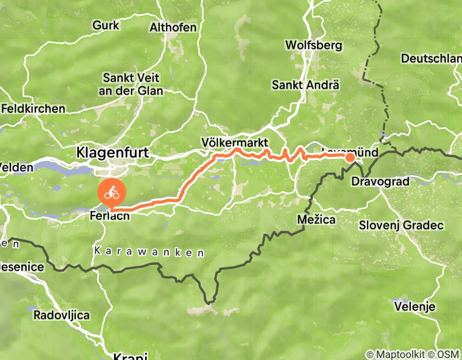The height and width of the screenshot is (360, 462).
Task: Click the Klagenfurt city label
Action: (x=113, y=152)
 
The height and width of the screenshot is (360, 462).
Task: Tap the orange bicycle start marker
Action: (x=112, y=194)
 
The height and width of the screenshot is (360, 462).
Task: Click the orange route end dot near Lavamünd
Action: (x=349, y=157)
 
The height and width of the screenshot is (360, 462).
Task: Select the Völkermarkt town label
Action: (x=235, y=141)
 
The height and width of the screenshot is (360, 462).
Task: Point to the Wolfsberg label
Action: (x=313, y=45)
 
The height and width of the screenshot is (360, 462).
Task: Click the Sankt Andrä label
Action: (x=306, y=84)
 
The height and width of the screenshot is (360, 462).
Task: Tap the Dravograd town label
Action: (x=380, y=182)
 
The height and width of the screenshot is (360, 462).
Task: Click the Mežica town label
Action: (x=316, y=220)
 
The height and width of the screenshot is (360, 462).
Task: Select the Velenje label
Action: (x=415, y=307)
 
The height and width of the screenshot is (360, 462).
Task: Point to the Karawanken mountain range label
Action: (x=149, y=253)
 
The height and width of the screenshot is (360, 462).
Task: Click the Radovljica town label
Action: (x=62, y=315)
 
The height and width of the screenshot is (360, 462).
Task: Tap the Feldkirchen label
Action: (x=33, y=109)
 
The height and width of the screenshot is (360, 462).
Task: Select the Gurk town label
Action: (x=106, y=25)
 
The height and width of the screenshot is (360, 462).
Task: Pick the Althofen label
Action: (x=173, y=27)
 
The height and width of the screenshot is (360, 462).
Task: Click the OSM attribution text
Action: (x=448, y=354)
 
